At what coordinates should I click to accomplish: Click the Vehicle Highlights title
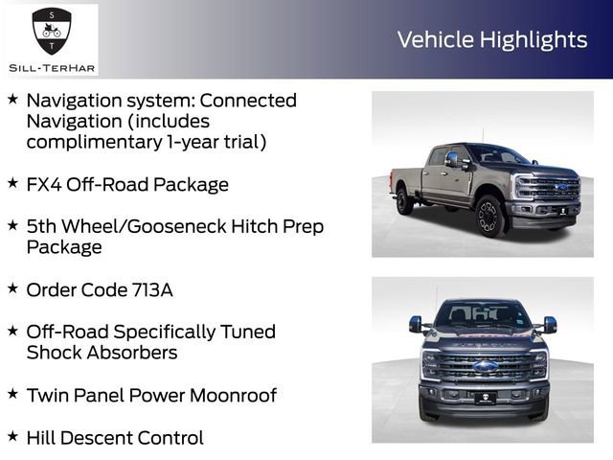click(x=492, y=39)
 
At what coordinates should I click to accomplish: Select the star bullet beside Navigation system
click(x=12, y=99)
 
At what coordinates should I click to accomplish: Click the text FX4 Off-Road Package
click(x=127, y=184)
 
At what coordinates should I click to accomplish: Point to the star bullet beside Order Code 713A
click(x=12, y=287)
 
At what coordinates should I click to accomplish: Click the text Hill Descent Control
click(x=115, y=438)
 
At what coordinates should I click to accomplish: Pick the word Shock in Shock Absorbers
click(x=55, y=353)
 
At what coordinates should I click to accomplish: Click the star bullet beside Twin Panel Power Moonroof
click(x=12, y=393)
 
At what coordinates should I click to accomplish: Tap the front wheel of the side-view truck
click(x=489, y=216)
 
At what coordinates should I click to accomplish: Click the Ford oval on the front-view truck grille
click(x=486, y=366)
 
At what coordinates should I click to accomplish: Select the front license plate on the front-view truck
click(x=486, y=398)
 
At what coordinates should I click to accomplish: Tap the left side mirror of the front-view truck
click(x=416, y=324)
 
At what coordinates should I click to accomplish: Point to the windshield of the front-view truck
click(x=484, y=314)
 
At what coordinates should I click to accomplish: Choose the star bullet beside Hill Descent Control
click(x=12, y=436)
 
